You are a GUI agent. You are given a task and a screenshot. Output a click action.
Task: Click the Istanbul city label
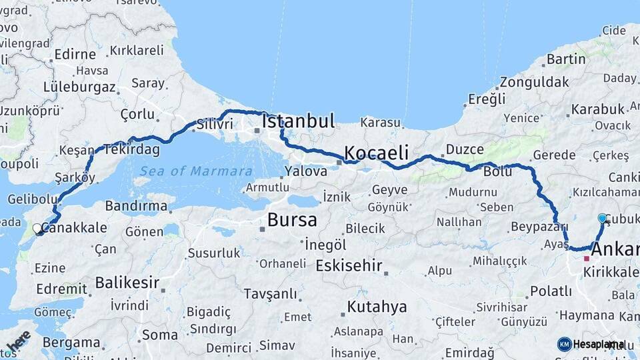(298, 121)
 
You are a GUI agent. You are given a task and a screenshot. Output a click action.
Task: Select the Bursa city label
(292, 221)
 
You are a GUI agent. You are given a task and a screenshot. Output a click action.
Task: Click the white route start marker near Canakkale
(37, 229)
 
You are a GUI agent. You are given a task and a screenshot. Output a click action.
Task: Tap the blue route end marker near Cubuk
(603, 218)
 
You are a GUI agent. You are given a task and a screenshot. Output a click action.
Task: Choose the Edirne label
(75, 55)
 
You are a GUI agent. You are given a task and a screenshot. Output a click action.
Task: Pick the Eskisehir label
(349, 266)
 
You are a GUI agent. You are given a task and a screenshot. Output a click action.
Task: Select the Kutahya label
(377, 307)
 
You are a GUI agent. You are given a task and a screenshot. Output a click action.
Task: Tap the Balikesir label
(127, 283)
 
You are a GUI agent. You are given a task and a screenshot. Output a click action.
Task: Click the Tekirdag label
(131, 150)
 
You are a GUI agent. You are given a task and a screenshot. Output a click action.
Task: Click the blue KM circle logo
(564, 344)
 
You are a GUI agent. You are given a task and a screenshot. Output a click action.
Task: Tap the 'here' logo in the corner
(18, 341)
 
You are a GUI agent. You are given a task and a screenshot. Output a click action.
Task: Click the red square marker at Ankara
(587, 258)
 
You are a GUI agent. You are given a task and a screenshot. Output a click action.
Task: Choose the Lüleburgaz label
(79, 87)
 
